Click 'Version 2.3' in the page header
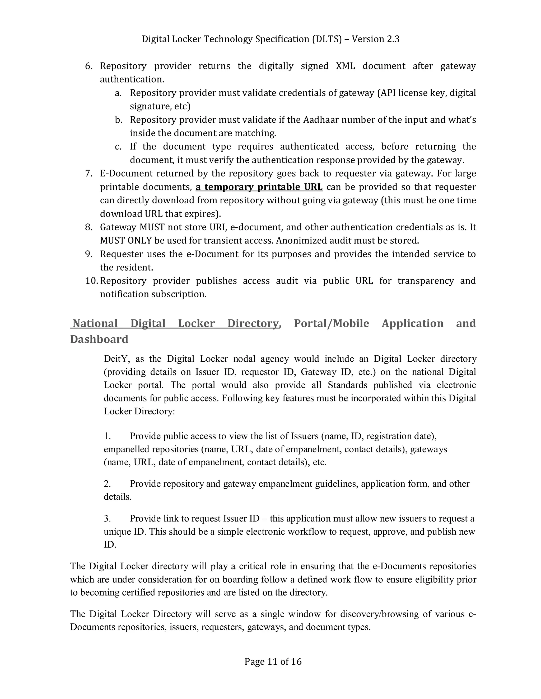tap(375, 39)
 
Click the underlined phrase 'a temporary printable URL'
tap(259, 187)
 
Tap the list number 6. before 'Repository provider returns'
tap(89, 66)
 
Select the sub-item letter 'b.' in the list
tap(119, 120)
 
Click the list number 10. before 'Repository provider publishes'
tap(91, 281)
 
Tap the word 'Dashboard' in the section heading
tap(99, 339)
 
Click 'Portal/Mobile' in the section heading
tap(332, 324)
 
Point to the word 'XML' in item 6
tap(345, 66)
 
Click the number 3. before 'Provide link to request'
tap(107, 519)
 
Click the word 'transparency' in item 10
tap(426, 281)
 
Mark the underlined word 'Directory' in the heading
tap(253, 324)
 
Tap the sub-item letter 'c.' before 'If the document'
tap(118, 147)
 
